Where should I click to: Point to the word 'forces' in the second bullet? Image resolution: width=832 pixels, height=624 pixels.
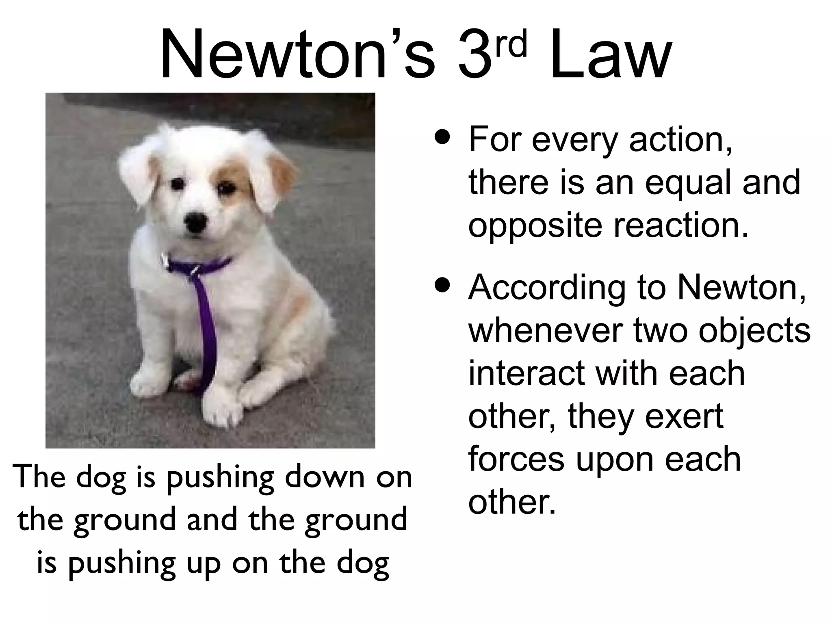(x=516, y=459)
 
